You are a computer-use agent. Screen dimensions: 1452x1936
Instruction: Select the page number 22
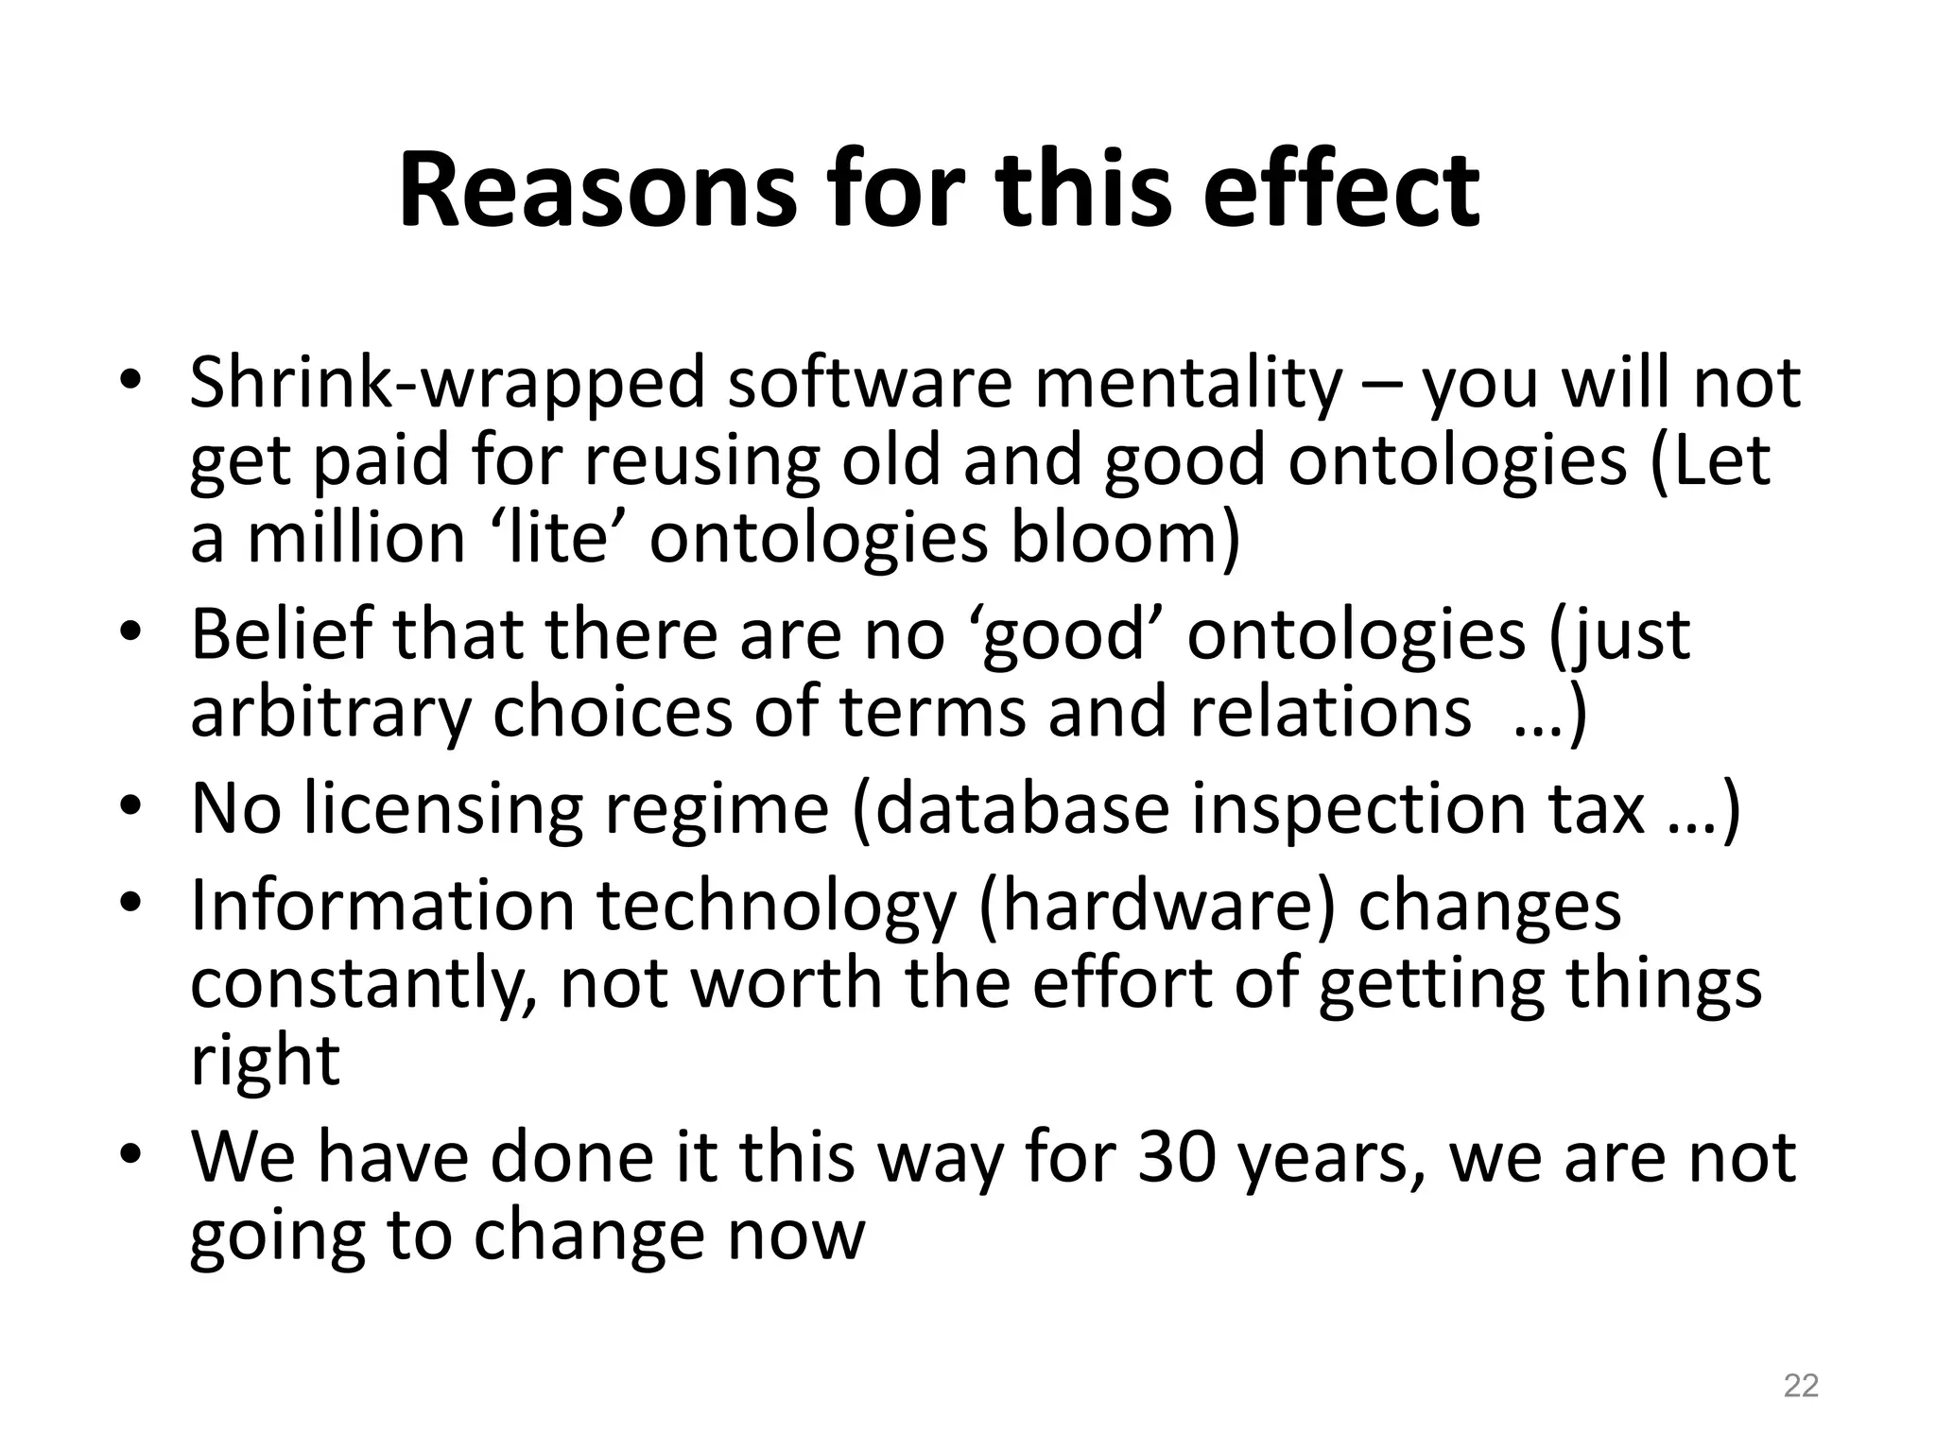pos(1801,1386)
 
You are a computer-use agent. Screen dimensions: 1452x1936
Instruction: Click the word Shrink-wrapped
pos(447,385)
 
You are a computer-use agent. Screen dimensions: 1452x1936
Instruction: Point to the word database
pos(1022,809)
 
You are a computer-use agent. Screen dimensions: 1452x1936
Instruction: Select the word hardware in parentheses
pos(1157,906)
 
